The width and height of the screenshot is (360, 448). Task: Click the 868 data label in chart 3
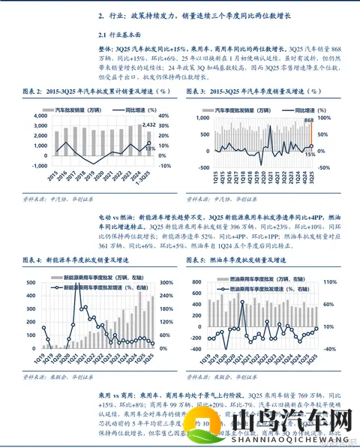(x=308, y=121)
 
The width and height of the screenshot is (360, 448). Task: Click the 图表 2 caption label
(x=35, y=91)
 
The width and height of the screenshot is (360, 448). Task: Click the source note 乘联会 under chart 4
(x=56, y=376)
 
